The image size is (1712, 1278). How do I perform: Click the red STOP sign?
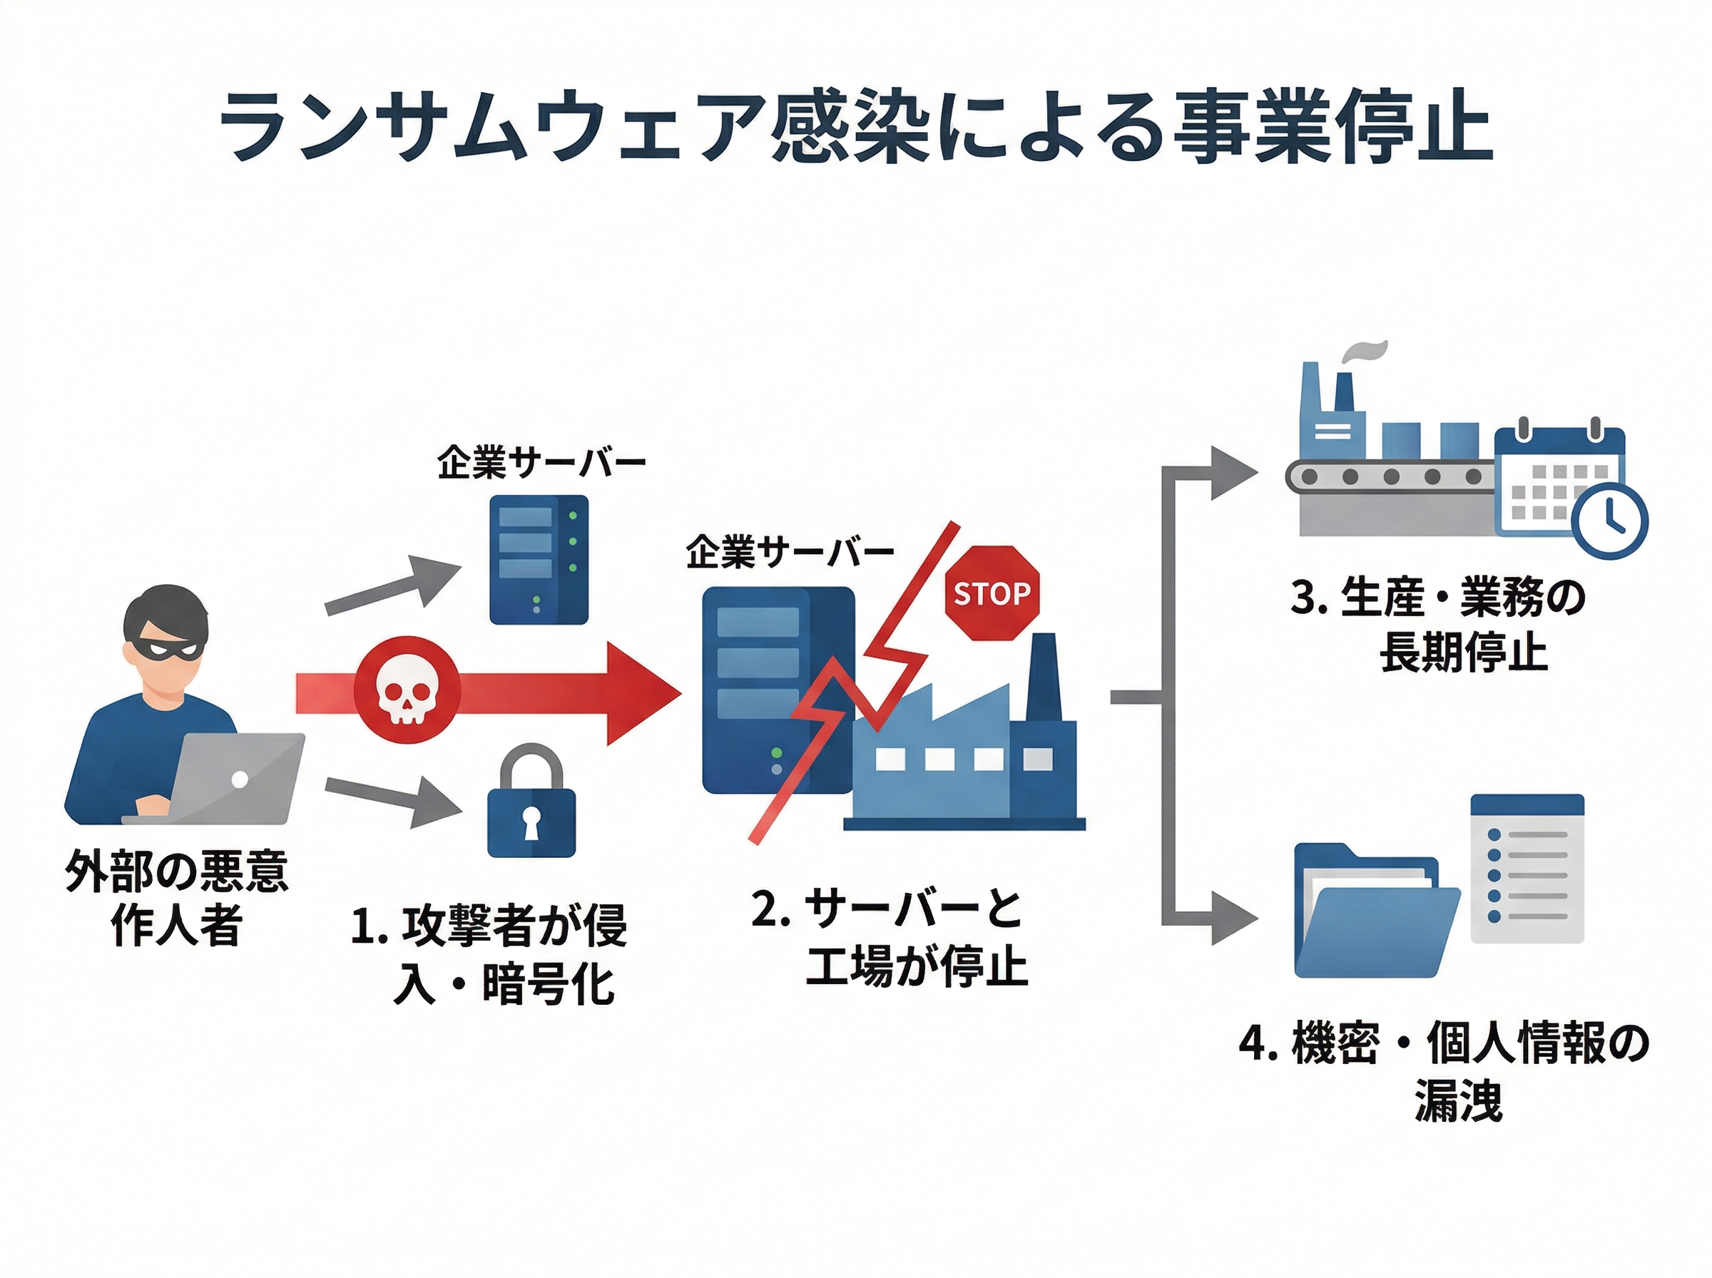[x=992, y=593]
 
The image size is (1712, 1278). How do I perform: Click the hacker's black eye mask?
[x=165, y=648]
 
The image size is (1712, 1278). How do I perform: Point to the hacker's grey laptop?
[x=232, y=777]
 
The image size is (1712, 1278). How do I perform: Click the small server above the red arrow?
[x=539, y=559]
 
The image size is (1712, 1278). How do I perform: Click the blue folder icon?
[x=1373, y=913]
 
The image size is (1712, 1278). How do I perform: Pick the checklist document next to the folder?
[x=1527, y=868]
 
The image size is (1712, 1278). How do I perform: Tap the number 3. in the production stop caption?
[x=1309, y=598]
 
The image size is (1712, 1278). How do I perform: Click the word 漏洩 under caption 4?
[x=1458, y=1101]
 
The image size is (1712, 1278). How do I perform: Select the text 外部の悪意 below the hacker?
[x=176, y=872]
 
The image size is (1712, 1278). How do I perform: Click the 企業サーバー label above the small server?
[x=541, y=464]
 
